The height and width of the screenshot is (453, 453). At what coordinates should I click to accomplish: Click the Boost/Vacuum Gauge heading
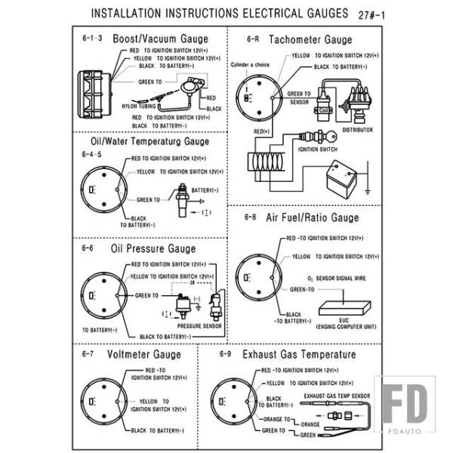(160, 38)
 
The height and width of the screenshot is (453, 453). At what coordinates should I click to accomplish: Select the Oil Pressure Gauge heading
(153, 248)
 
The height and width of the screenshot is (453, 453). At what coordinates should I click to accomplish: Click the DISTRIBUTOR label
(357, 129)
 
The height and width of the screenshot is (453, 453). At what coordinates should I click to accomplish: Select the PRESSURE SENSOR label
(199, 326)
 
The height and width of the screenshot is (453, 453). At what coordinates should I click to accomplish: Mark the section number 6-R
(253, 38)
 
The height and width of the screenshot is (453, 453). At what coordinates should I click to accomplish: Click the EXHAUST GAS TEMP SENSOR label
(337, 394)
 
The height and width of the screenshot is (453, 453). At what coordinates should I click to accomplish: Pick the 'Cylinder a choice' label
(250, 65)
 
